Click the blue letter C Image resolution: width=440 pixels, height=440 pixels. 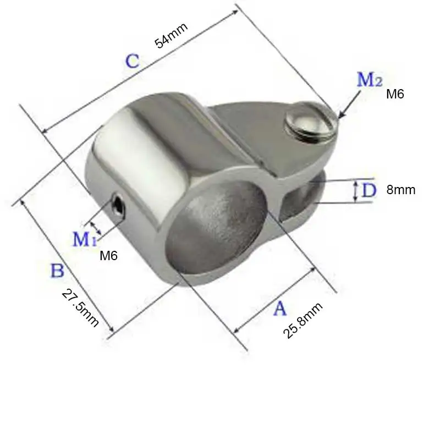pos(133,61)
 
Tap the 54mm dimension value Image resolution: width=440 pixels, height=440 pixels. pos(171,36)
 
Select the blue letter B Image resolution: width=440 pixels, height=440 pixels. pos(58,271)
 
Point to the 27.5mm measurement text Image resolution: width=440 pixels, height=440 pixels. pos(80,308)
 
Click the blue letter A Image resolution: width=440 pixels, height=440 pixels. pos(280,309)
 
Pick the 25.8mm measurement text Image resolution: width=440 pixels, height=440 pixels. pos(303,320)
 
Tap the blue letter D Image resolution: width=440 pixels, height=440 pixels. pos(369,190)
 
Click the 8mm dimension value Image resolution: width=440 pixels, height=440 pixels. pos(401,190)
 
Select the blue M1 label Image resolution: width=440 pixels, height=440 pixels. pos(85,239)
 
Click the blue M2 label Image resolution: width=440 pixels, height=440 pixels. pos(370,79)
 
